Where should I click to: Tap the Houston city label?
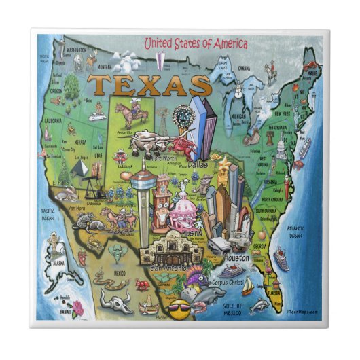coord(235,259)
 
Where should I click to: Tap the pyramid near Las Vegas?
coord(80,167)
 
